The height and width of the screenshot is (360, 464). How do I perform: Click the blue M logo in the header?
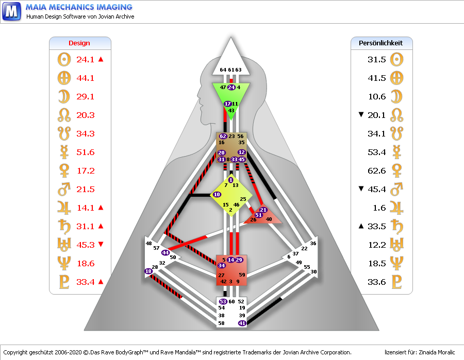[11, 11]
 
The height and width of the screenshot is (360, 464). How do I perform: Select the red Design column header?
[79, 43]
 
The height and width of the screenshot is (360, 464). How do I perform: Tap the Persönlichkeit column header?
[380, 43]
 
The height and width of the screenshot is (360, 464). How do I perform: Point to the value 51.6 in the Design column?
[85, 152]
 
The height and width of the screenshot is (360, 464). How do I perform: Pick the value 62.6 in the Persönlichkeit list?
[376, 170]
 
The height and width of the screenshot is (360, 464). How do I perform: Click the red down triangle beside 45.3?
[101, 245]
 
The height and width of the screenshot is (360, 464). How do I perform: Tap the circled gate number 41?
[242, 323]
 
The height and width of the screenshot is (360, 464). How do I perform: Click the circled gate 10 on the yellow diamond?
[217, 195]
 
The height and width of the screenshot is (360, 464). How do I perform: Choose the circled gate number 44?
[165, 252]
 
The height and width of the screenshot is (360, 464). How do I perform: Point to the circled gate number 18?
[148, 271]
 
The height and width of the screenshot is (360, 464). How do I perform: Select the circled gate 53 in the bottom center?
[223, 301]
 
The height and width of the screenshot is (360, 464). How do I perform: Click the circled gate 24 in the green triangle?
[231, 88]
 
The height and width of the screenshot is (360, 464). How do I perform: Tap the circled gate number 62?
[223, 136]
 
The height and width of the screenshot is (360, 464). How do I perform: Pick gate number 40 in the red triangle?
[269, 219]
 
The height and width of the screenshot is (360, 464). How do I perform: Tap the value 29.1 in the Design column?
[85, 96]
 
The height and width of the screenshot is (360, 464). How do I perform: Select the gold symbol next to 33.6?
[396, 282]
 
